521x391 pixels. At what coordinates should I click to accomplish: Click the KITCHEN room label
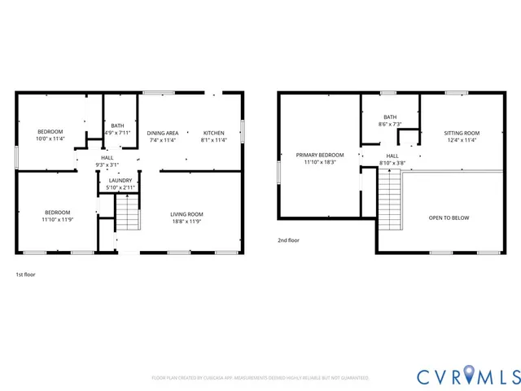pyautogui.click(x=213, y=133)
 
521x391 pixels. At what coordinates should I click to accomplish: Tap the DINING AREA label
pyautogui.click(x=162, y=133)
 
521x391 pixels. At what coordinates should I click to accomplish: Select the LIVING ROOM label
pyautogui.click(x=187, y=213)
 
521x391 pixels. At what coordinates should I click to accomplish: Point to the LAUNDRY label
pyautogui.click(x=120, y=180)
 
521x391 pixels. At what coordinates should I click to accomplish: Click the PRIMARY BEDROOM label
pyautogui.click(x=319, y=155)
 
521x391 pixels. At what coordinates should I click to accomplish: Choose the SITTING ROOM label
pyautogui.click(x=461, y=133)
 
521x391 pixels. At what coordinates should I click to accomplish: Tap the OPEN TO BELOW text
pyautogui.click(x=449, y=218)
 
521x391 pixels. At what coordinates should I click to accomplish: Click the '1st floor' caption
pyautogui.click(x=25, y=275)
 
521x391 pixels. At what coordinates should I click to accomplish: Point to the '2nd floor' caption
pyautogui.click(x=288, y=240)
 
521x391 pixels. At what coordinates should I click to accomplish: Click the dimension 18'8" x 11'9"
pyautogui.click(x=187, y=222)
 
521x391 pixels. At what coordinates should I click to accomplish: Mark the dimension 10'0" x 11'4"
pyautogui.click(x=50, y=139)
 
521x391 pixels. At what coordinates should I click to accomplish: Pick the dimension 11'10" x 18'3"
pyautogui.click(x=319, y=162)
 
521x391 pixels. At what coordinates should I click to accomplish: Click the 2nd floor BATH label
pyautogui.click(x=390, y=117)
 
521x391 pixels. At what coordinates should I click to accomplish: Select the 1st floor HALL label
pyautogui.click(x=107, y=157)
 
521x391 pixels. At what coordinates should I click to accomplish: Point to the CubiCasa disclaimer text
pyautogui.click(x=260, y=378)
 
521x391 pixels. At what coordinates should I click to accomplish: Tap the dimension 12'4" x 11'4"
pyautogui.click(x=461, y=140)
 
